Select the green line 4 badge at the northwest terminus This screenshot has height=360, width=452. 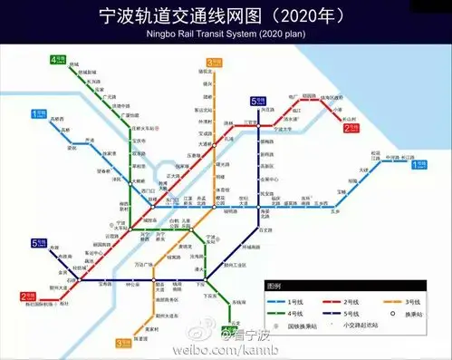(x=59, y=62)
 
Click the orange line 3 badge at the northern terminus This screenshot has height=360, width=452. (x=214, y=63)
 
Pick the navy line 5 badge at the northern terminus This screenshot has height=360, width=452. (x=257, y=102)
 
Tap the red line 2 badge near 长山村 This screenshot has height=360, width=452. (x=351, y=129)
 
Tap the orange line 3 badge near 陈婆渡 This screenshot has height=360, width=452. (x=124, y=343)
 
